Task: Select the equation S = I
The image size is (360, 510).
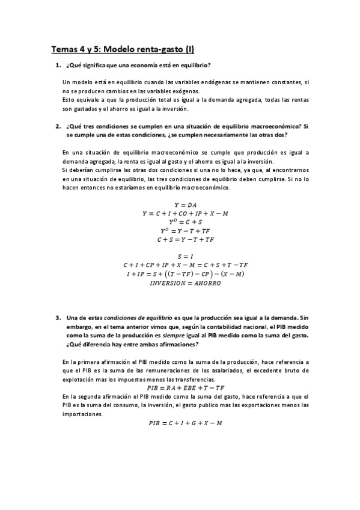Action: click(180, 256)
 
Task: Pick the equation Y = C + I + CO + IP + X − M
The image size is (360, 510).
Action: click(180, 214)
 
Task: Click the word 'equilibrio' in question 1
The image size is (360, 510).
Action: click(196, 65)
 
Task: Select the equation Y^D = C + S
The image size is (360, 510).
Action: click(180, 222)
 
